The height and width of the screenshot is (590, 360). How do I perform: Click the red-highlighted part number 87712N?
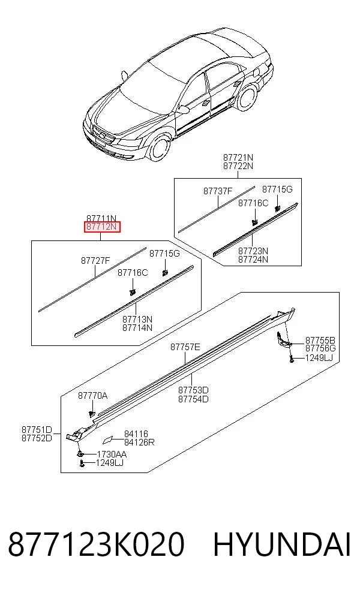click(101, 227)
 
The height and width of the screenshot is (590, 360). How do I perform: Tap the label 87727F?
click(95, 260)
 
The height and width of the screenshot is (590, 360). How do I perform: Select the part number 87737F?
click(218, 191)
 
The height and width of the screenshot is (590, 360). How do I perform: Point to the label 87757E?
click(185, 347)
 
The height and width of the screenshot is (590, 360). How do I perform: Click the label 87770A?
click(92, 396)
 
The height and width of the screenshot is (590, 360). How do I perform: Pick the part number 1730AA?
click(112, 454)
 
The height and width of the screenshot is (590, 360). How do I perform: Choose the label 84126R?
click(139, 442)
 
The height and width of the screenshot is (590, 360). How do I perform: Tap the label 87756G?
click(320, 348)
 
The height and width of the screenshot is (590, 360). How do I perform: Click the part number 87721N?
click(238, 157)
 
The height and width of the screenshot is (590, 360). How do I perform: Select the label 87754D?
click(193, 399)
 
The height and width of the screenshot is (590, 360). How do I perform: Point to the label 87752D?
click(37, 438)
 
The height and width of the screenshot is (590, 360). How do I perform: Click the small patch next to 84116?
click(107, 440)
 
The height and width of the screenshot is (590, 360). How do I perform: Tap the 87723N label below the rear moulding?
click(253, 251)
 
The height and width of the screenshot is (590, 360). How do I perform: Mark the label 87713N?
click(137, 319)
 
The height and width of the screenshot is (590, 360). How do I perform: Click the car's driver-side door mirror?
click(183, 110)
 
